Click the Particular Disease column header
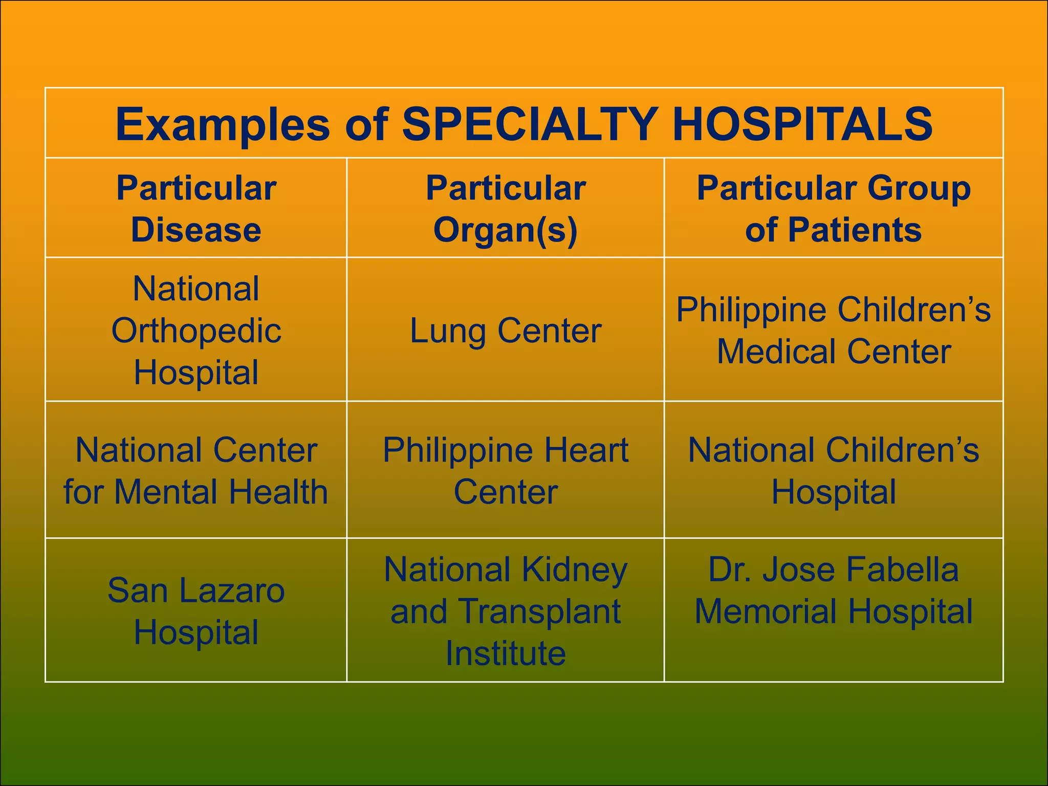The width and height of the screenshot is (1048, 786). tap(196, 208)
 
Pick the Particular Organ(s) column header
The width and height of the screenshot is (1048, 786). tap(506, 208)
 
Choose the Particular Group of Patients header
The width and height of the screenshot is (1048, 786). tap(834, 208)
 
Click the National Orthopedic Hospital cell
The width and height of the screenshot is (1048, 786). tap(196, 330)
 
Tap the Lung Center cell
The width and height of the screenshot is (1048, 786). tap(506, 331)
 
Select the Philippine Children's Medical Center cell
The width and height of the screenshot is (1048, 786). tap(834, 331)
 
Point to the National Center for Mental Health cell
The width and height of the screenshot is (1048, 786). tap(196, 470)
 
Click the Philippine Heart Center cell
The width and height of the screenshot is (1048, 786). tap(506, 470)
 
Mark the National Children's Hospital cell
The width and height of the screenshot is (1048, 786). tap(834, 470)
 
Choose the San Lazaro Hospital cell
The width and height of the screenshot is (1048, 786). tap(196, 610)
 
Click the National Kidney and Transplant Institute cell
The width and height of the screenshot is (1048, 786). tap(506, 610)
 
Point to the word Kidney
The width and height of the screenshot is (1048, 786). tap(575, 570)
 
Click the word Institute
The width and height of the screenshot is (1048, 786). tap(506, 653)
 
